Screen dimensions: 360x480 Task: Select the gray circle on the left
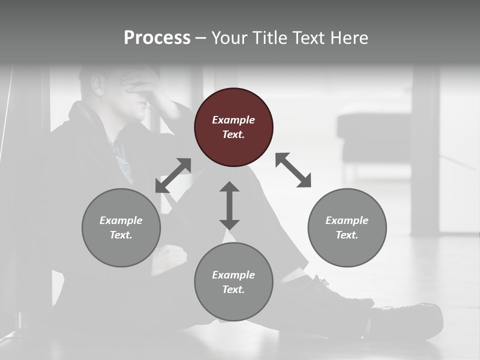coord(121,227)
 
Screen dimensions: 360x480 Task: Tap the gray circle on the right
coord(347,227)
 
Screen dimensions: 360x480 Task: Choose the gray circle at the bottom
coord(233,281)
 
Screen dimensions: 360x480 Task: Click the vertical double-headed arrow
coord(229,205)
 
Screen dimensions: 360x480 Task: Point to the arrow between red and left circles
coord(173,175)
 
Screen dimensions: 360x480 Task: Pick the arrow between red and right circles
coord(293,170)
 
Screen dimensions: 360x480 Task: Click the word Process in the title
coord(157,37)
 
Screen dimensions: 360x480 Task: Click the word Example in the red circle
coord(233,120)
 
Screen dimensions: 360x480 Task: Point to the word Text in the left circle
coord(121,235)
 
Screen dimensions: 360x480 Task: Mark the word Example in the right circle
coord(347,220)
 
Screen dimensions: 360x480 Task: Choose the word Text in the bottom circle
coord(233,289)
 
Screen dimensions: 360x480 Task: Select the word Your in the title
coord(230,37)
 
